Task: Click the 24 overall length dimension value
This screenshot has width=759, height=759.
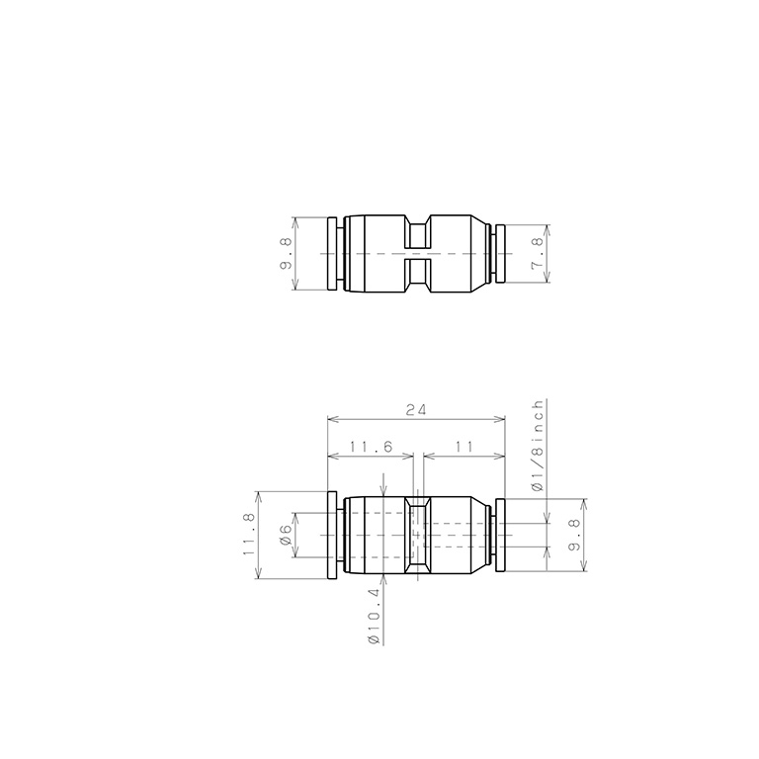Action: pyautogui.click(x=416, y=410)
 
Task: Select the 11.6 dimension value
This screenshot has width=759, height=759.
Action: pyautogui.click(x=372, y=447)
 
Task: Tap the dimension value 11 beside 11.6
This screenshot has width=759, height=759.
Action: pyautogui.click(x=464, y=447)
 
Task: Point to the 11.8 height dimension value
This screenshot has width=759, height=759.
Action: pyautogui.click(x=249, y=535)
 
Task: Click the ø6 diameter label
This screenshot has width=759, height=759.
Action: pyautogui.click(x=286, y=535)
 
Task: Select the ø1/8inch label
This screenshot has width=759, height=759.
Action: pyautogui.click(x=538, y=446)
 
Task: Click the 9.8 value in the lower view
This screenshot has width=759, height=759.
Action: pyautogui.click(x=574, y=535)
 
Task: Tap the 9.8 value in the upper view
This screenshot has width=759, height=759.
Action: pyautogui.click(x=286, y=253)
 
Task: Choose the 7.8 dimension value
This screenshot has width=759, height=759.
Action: pyautogui.click(x=538, y=253)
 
